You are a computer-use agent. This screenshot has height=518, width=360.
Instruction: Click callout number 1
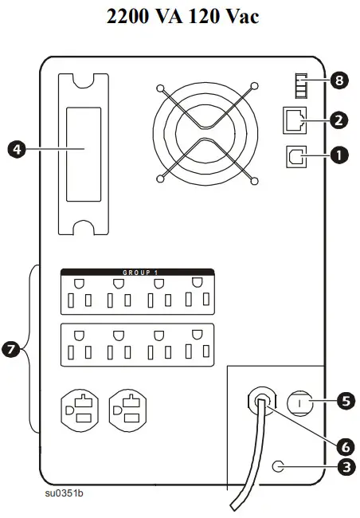point(343,156)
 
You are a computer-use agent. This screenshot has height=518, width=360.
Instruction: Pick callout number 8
point(340,80)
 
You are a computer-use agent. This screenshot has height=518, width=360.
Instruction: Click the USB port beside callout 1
point(294,157)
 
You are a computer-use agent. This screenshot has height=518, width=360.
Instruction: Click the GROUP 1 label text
point(140,273)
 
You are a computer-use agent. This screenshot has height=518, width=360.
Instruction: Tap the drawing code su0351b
point(65,492)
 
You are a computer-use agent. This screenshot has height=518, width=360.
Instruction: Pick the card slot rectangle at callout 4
point(84,154)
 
